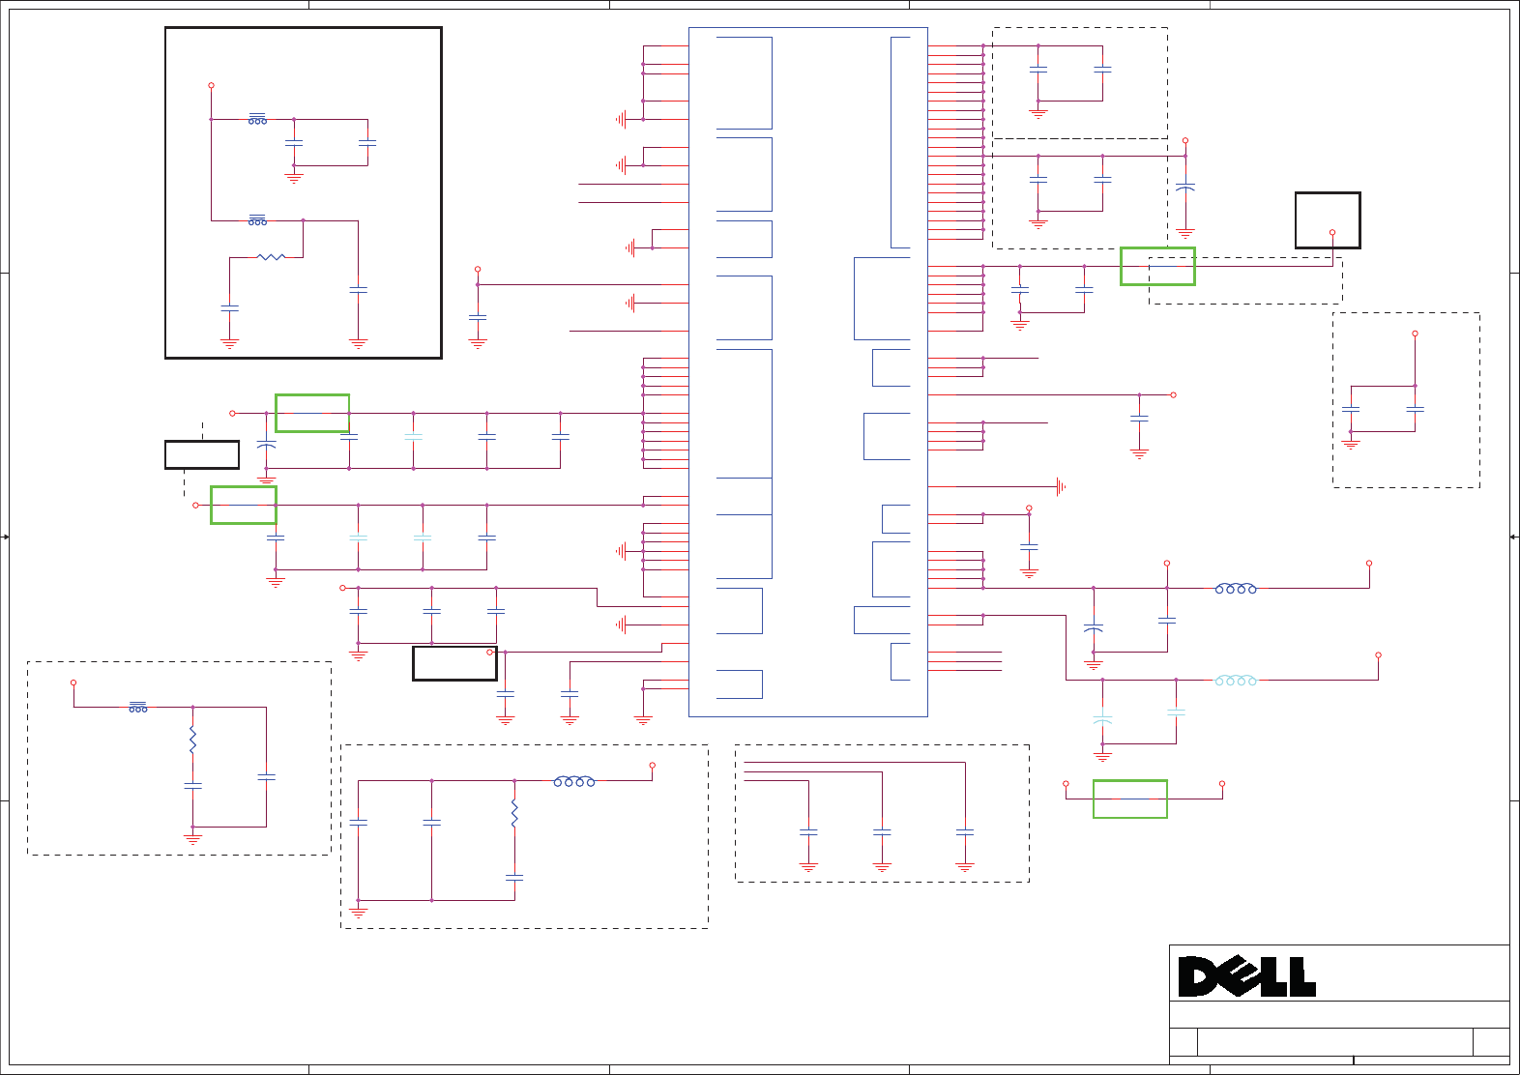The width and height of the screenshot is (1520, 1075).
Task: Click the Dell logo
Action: (1246, 976)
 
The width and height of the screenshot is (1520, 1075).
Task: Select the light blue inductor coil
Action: (1236, 681)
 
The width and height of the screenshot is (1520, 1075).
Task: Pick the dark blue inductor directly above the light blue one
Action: (1236, 588)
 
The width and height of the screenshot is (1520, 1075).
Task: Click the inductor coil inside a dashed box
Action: (574, 781)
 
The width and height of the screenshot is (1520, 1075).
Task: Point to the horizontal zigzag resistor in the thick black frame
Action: (271, 257)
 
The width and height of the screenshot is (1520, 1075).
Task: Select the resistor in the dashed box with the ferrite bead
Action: (192, 741)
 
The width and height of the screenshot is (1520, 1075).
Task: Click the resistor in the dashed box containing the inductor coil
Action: (514, 814)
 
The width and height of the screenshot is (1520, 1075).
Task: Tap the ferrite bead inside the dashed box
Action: (138, 708)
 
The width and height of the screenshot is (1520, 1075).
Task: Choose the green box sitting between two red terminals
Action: (1129, 799)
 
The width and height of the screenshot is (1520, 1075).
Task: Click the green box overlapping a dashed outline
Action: (1157, 266)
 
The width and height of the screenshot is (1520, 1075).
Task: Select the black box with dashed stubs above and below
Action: (202, 454)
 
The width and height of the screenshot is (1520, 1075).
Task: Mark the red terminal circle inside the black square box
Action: (1332, 233)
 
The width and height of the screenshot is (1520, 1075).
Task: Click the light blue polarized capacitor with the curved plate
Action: (1102, 719)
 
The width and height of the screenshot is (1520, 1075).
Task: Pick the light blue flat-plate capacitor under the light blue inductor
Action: (1176, 712)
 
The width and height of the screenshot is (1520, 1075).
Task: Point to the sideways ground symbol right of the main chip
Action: (1061, 487)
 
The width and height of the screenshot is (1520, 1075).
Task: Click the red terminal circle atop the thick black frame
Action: (211, 85)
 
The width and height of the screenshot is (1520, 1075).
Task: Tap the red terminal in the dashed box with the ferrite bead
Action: (73, 683)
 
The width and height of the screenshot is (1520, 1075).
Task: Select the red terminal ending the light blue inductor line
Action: (1378, 655)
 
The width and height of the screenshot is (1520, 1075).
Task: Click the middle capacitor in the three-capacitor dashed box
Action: (882, 831)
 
